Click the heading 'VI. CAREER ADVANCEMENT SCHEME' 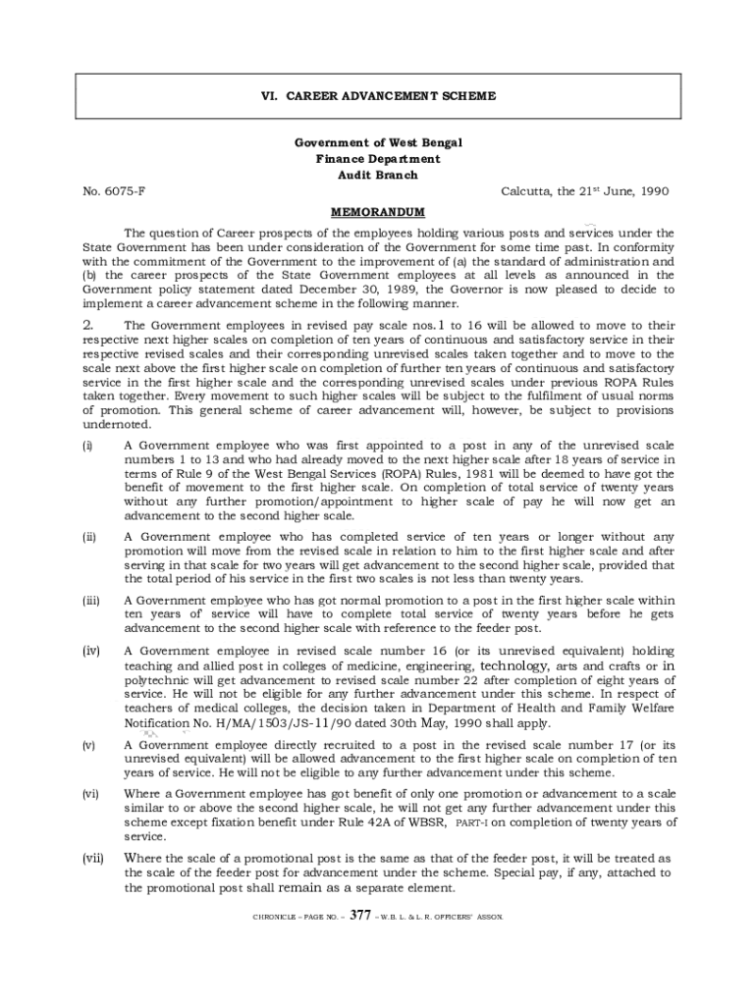pos(377,96)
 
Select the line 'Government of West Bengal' pos(377,142)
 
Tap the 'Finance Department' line pos(377,159)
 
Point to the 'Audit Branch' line pos(377,176)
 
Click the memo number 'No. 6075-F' pos(114,191)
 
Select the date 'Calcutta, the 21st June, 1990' pos(584,191)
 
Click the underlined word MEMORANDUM pos(377,212)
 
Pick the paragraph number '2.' pos(87,325)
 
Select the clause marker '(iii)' pos(89,600)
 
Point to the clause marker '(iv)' pos(89,652)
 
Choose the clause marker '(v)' pos(87,746)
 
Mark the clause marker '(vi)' pos(89,794)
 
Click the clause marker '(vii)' pos(92,858)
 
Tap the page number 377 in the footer pos(359,916)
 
